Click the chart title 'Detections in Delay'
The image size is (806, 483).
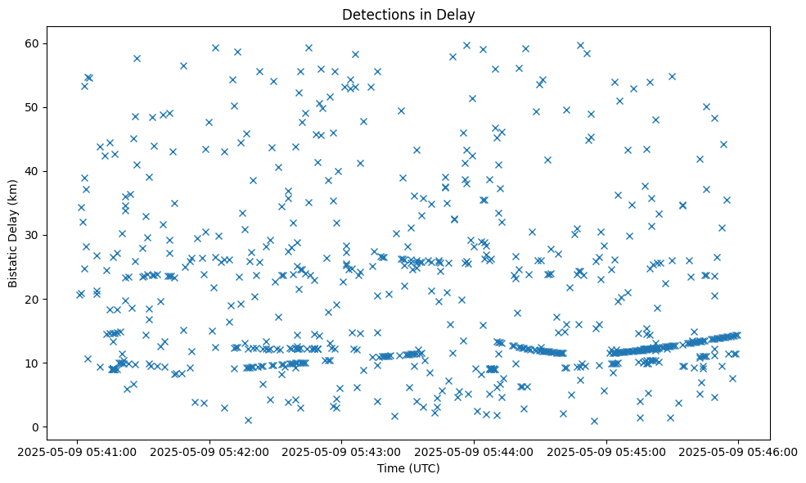[x=408, y=15]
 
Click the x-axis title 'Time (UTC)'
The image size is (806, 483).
[x=408, y=468]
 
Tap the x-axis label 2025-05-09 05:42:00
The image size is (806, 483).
[x=211, y=451]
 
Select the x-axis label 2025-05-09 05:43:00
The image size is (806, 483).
[x=343, y=451]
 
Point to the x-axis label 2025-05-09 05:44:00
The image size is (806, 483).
[x=475, y=451]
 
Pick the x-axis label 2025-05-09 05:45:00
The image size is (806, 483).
[x=606, y=451]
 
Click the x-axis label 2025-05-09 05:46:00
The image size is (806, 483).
[x=738, y=451]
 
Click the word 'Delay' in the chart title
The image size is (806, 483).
[x=458, y=15]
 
